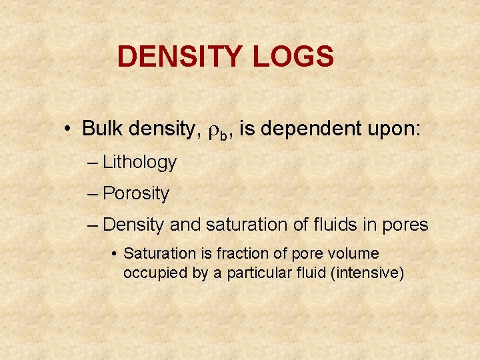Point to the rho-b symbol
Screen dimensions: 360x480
pyautogui.click(x=217, y=129)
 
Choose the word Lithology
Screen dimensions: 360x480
pyautogui.click(x=140, y=162)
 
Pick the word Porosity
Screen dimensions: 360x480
pyautogui.click(x=136, y=194)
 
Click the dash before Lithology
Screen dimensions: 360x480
pyautogui.click(x=93, y=162)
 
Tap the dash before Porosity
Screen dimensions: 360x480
pyautogui.click(x=93, y=194)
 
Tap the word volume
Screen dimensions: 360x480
pyautogui.click(x=354, y=254)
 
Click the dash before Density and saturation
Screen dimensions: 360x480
pyautogui.click(x=93, y=225)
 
